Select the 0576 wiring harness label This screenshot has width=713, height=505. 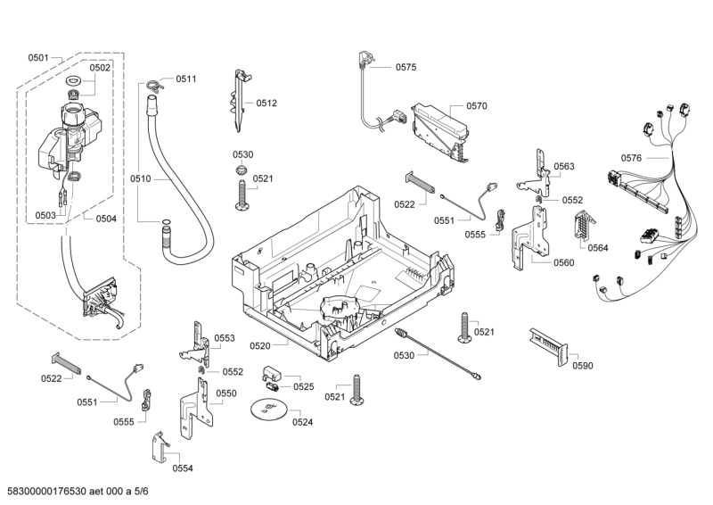click(631, 158)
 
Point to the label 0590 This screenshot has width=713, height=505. click(582, 365)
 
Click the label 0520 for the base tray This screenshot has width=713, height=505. click(260, 345)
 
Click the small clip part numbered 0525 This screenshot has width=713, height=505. click(271, 375)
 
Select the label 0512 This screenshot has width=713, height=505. click(266, 103)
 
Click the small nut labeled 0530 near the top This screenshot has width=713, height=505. click(241, 170)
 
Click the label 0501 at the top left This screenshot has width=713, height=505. click(37, 58)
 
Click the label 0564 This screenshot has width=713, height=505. click(598, 248)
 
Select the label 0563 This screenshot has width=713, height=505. click(563, 167)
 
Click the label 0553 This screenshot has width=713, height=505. click(224, 338)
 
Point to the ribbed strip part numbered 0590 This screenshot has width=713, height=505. click(546, 343)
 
